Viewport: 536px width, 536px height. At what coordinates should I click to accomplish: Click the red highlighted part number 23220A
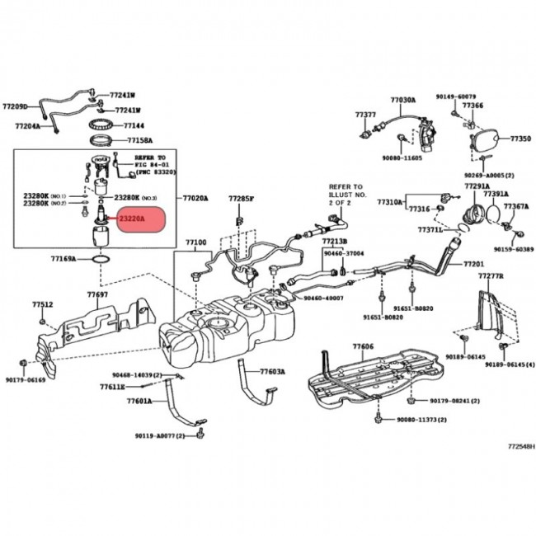click(x=132, y=219)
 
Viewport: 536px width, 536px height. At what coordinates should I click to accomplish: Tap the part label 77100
click(x=195, y=243)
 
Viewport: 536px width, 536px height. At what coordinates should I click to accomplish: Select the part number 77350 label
click(x=520, y=140)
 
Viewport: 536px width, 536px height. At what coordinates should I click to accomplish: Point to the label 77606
click(x=362, y=348)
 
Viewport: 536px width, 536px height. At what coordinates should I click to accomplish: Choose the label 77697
click(x=97, y=294)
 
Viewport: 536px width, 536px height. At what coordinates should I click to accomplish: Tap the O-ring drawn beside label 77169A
click(x=98, y=258)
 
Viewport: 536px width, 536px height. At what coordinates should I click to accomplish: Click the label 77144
click(x=134, y=126)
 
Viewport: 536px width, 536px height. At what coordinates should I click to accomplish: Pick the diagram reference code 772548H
click(x=520, y=446)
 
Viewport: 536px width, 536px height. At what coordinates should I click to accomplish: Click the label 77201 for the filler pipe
click(x=473, y=264)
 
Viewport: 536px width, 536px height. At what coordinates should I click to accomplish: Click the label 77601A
click(x=139, y=402)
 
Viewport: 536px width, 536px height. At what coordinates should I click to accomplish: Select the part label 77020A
click(x=195, y=199)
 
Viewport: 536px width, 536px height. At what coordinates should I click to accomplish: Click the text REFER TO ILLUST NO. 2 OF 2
click(x=346, y=194)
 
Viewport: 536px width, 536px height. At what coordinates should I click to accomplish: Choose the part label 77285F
click(x=242, y=200)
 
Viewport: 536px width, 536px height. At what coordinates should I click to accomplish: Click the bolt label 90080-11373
click(x=421, y=420)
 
